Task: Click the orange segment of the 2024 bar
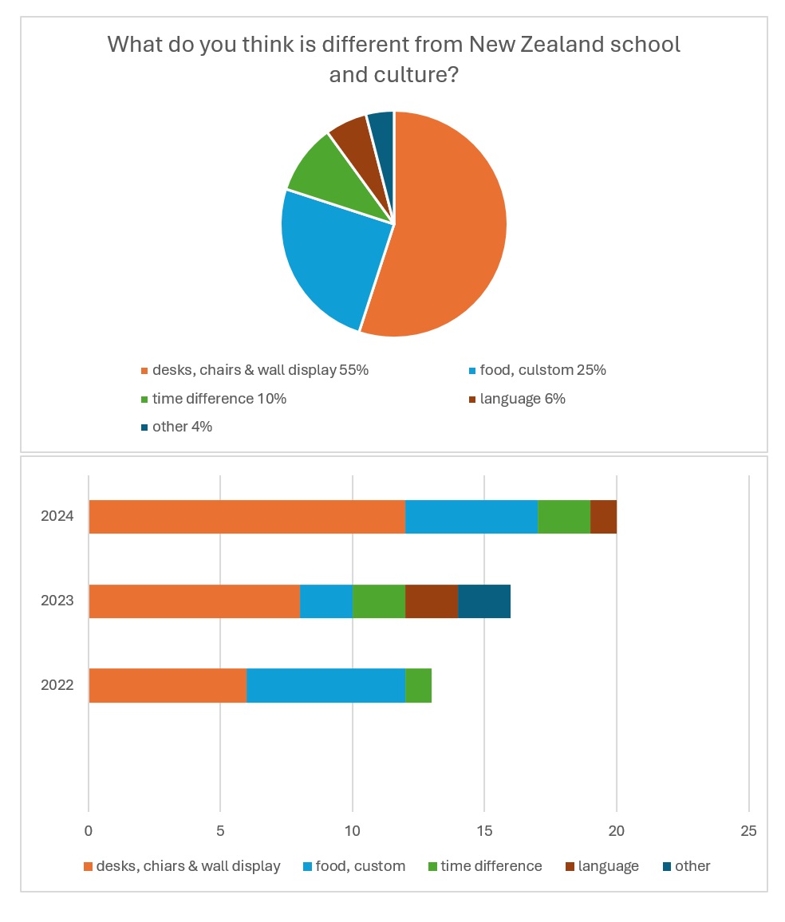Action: click(247, 517)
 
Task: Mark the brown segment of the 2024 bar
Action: click(603, 517)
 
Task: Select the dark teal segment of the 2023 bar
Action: click(483, 601)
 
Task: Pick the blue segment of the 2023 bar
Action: click(325, 601)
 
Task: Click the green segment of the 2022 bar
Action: click(418, 685)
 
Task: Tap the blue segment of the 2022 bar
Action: click(325, 685)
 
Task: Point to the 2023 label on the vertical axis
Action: click(57, 601)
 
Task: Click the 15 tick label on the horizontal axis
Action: click(484, 831)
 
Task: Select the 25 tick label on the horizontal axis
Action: click(748, 831)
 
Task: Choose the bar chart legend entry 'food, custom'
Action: click(360, 866)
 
